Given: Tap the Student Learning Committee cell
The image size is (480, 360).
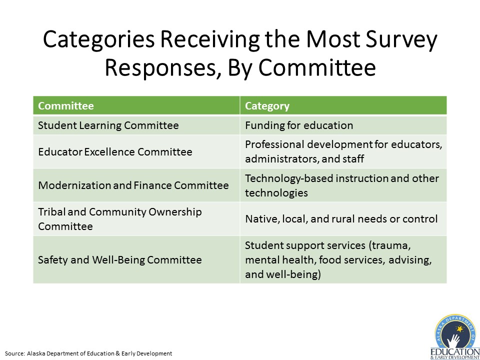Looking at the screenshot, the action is click(136, 125).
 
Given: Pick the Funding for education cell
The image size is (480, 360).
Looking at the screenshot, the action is click(343, 125).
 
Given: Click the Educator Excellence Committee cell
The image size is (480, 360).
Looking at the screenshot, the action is click(136, 151).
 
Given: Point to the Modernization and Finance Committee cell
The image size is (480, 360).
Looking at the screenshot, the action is click(136, 185).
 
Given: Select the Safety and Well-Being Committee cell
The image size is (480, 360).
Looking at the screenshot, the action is click(136, 259).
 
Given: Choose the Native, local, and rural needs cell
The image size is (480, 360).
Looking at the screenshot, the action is click(343, 219).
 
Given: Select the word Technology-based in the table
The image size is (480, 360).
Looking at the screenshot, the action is click(284, 178).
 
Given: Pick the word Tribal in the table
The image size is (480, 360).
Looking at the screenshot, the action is click(51, 212).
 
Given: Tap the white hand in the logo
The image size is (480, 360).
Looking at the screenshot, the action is click(453, 341).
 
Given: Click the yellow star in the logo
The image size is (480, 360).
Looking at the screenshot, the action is click(460, 329).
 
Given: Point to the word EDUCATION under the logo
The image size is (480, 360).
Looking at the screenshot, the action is click(455, 352).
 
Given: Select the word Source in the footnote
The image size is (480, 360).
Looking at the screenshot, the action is click(14, 353).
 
